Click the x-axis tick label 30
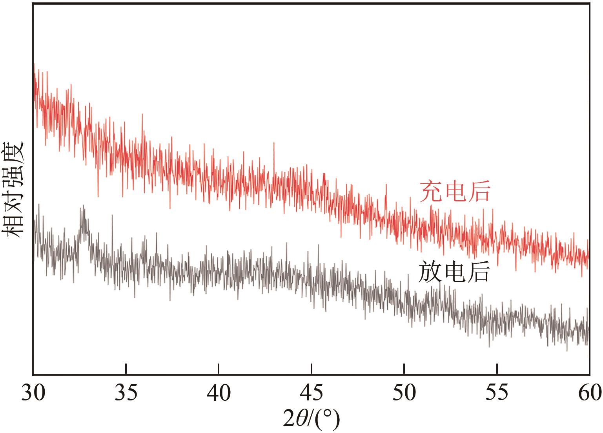coord(33,393)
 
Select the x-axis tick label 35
coord(126,393)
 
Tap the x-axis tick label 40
coord(219,393)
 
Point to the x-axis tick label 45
coord(312,393)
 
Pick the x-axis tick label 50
coord(404,393)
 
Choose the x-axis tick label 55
coord(497,393)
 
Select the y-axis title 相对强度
coord(13,189)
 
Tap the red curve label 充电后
coord(455,192)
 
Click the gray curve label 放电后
coord(454,272)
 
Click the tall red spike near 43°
coord(274,143)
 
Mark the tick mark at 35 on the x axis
coord(126,369)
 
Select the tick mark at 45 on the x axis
coord(312,369)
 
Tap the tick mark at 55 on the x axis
coord(497,369)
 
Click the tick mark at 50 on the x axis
coord(404,369)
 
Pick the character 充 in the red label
coord(431,192)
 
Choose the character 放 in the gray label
coord(430,272)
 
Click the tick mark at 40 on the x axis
coord(219,369)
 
